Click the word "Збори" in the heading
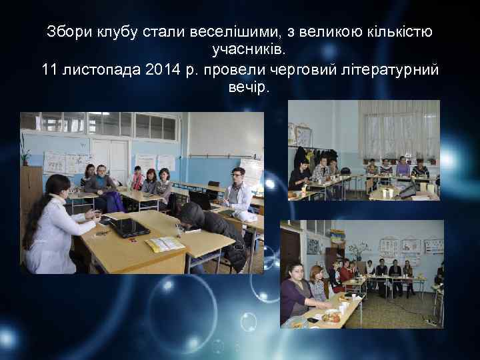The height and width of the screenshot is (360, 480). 68,31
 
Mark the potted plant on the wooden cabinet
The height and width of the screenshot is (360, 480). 25,150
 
